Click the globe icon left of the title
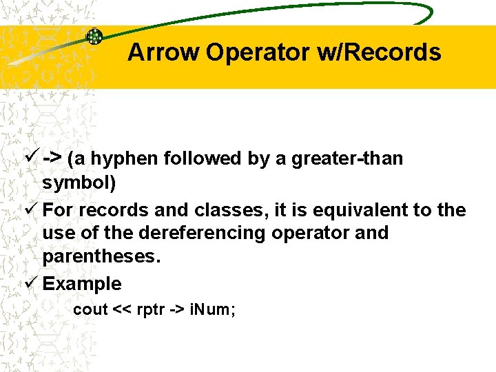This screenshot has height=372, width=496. pos(94,37)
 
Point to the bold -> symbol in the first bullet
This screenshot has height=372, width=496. pos(52,158)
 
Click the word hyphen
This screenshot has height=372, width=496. pos(125,158)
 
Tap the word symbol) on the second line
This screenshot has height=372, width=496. pos(79,183)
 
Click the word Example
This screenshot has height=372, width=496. pos(82,284)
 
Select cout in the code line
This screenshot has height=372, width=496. pos(91,309)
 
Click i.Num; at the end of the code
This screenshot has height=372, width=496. pos(216,309)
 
